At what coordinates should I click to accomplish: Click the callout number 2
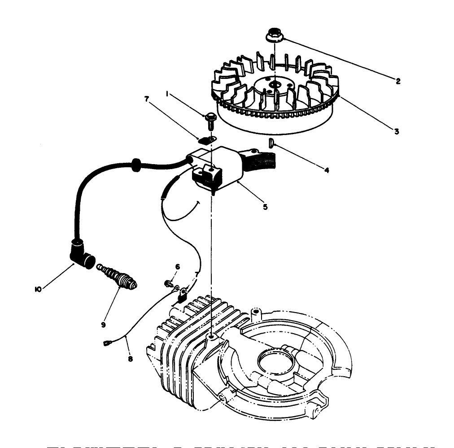click(397, 81)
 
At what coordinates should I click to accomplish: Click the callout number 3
click(397, 131)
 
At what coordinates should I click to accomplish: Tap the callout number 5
click(265, 207)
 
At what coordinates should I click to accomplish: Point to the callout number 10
click(39, 290)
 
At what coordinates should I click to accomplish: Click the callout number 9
click(104, 324)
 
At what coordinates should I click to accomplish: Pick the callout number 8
click(130, 359)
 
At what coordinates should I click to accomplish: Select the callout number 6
click(177, 267)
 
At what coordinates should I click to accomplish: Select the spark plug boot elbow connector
click(81, 253)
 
